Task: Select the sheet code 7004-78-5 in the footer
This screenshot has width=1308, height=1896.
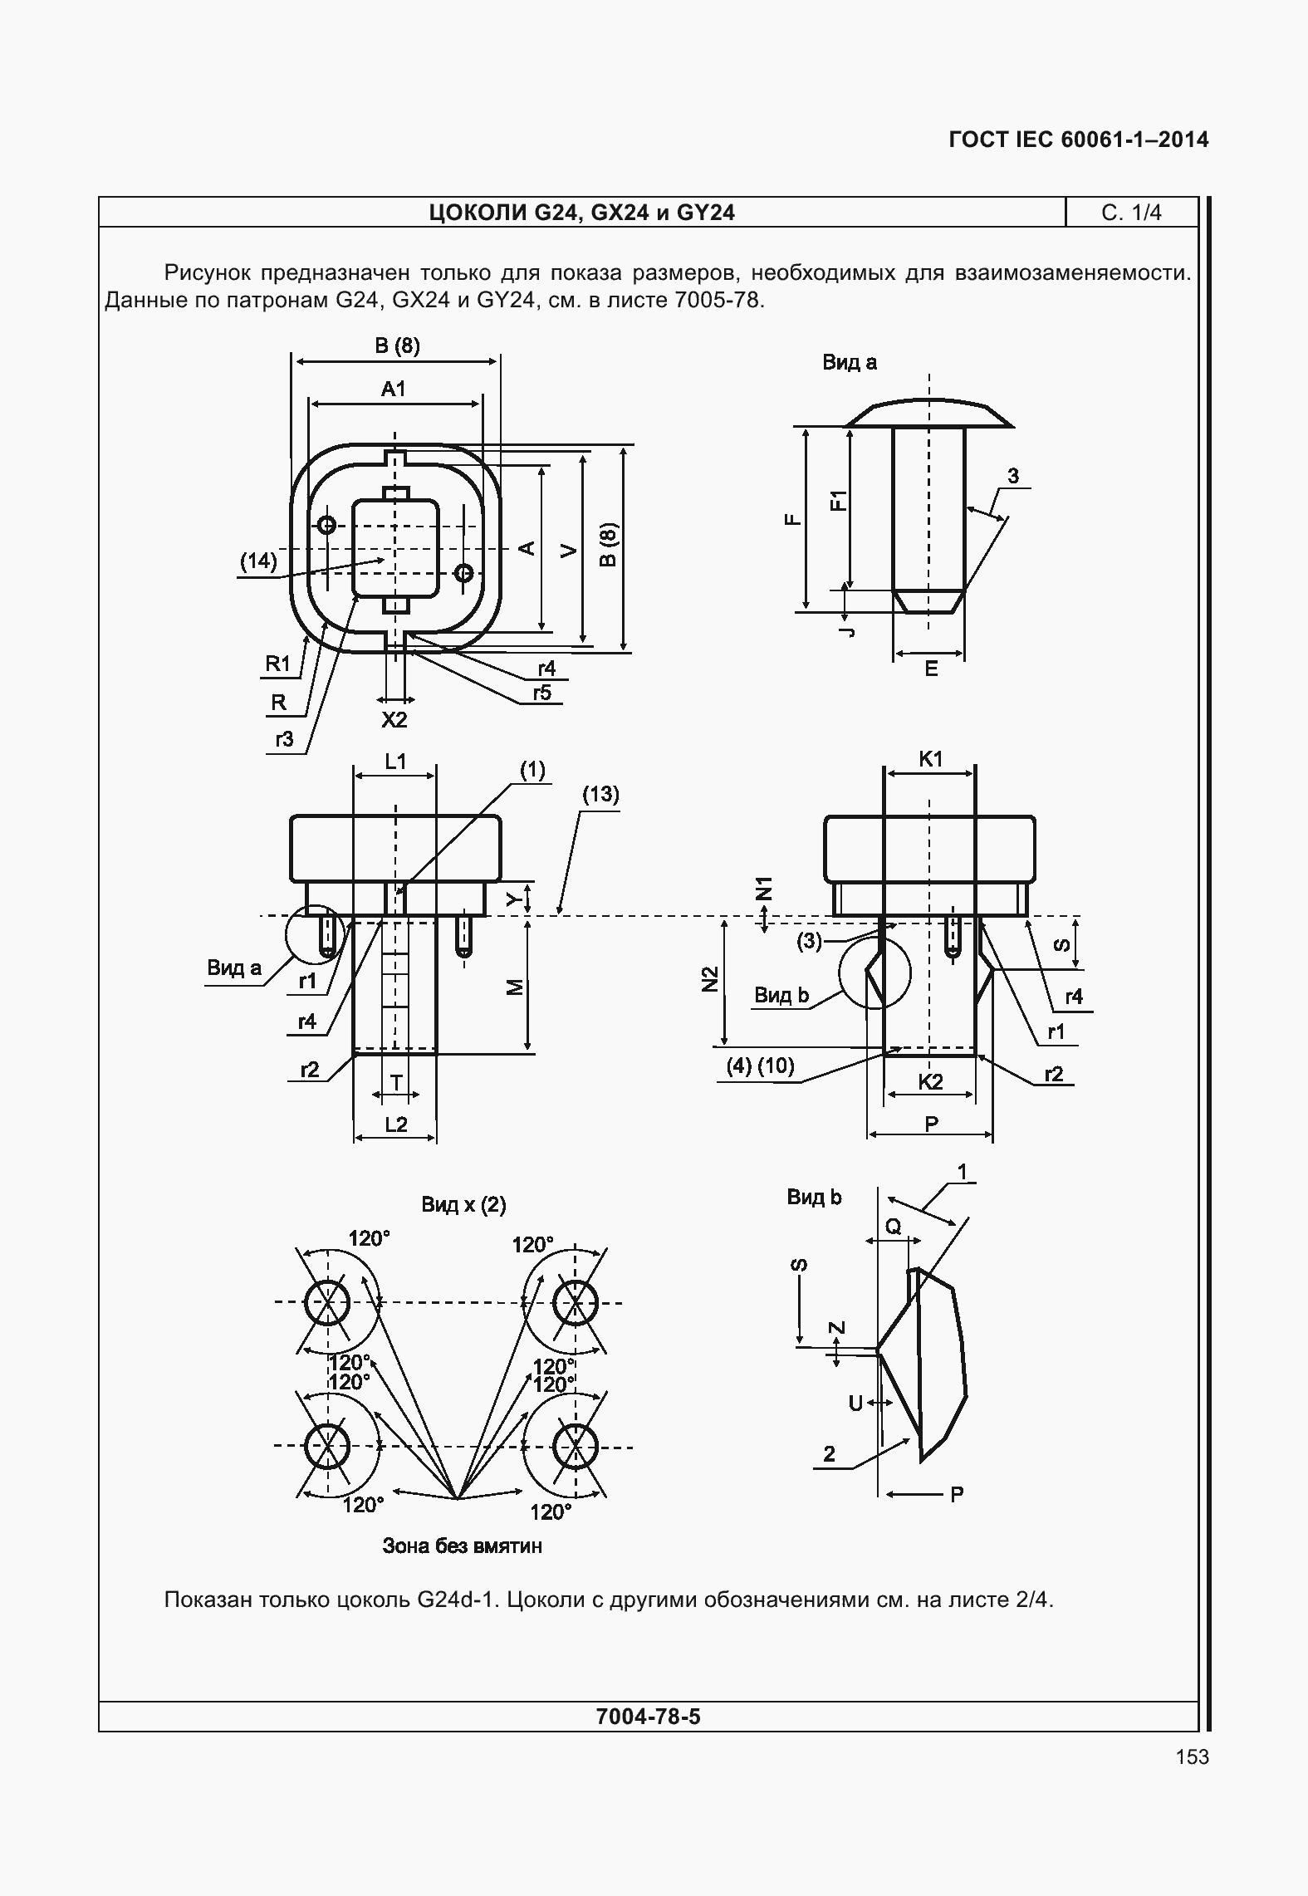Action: point(648,1716)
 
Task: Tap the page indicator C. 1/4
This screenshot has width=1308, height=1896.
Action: point(1131,213)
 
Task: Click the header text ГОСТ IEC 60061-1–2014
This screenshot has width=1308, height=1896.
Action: point(1078,140)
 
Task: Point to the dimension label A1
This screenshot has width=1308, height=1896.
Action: point(393,389)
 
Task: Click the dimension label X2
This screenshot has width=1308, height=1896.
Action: point(394,719)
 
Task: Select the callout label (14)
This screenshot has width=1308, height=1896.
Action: point(258,561)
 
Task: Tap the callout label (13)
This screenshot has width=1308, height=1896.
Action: point(600,795)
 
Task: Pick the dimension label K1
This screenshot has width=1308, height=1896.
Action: point(931,758)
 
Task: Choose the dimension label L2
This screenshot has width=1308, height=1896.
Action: point(396,1124)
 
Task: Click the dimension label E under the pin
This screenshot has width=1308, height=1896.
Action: point(931,669)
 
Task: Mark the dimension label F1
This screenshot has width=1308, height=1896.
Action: point(840,501)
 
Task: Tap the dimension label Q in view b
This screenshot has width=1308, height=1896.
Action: point(893,1226)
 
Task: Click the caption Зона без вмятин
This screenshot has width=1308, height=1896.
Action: point(462,1546)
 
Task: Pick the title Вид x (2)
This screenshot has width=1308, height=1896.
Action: point(463,1204)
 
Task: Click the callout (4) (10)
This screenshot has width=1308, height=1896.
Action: point(761,1066)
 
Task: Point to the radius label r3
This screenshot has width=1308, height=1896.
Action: point(284,738)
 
